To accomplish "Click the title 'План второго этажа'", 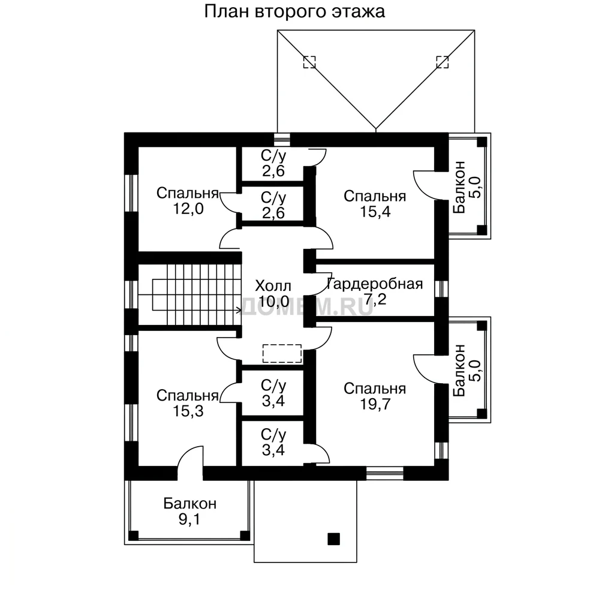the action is pyautogui.click(x=294, y=12).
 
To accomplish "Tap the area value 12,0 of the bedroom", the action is pyautogui.click(x=188, y=209).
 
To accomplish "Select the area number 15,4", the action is pyautogui.click(x=375, y=212).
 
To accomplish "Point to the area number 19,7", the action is pyautogui.click(x=375, y=404).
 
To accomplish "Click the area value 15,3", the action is pyautogui.click(x=188, y=411).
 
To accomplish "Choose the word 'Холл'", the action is pyautogui.click(x=273, y=286).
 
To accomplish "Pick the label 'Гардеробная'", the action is pyautogui.click(x=375, y=284).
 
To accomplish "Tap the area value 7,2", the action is pyautogui.click(x=375, y=300).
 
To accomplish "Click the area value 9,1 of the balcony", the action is pyautogui.click(x=189, y=519).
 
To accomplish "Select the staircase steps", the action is pyautogui.click(x=204, y=294).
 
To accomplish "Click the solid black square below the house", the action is pyautogui.click(x=333, y=539).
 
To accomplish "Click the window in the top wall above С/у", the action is pyautogui.click(x=282, y=140).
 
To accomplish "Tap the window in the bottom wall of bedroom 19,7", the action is pyautogui.click(x=385, y=474).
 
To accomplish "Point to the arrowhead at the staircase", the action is pyautogui.click(x=239, y=311).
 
